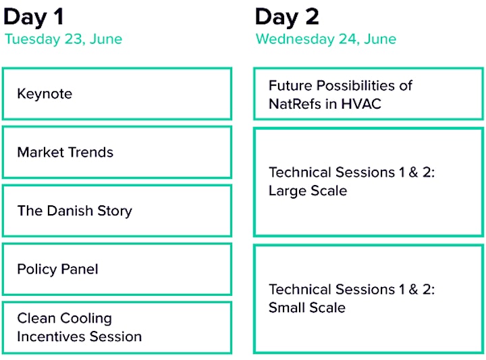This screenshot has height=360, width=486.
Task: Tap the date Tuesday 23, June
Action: pos(63,39)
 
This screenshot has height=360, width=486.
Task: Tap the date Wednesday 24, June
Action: pos(326,39)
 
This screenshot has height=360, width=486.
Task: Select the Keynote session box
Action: pos(117,94)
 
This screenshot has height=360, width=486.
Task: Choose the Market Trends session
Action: pos(117,152)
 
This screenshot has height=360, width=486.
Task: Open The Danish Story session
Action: pos(117,211)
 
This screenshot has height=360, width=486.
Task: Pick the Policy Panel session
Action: pos(117,269)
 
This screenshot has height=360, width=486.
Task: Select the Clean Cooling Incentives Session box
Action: pos(117,328)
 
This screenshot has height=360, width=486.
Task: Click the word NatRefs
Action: pos(295,104)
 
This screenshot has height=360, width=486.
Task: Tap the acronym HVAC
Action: pos(361,104)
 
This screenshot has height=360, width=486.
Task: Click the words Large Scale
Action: pos(308,191)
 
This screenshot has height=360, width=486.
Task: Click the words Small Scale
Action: pos(307,308)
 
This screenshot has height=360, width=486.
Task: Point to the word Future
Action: pos(290,86)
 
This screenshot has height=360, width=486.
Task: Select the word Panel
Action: pos(80,269)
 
